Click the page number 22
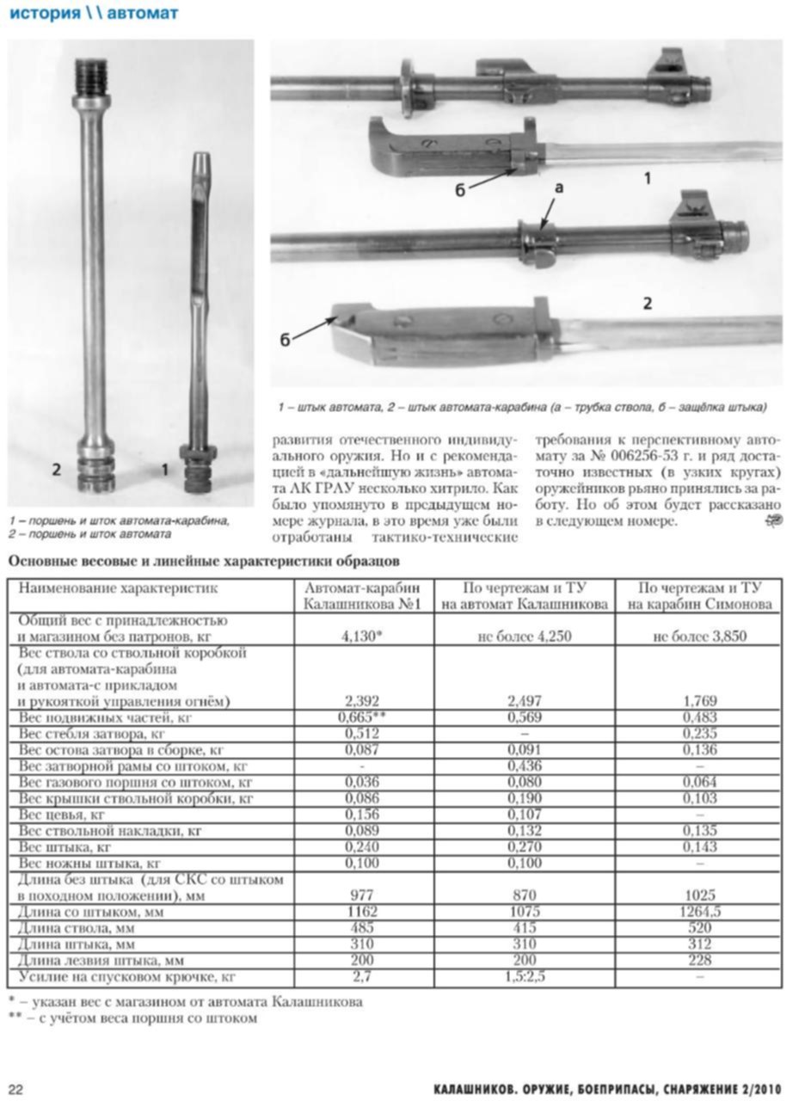point(16,1089)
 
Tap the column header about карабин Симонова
point(709,596)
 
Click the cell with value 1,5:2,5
point(523,977)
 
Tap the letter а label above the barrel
point(559,187)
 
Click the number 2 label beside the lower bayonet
point(647,303)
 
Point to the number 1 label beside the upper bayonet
point(647,178)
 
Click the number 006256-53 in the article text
point(621,456)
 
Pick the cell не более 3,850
point(709,637)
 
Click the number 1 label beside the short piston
point(165,470)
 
